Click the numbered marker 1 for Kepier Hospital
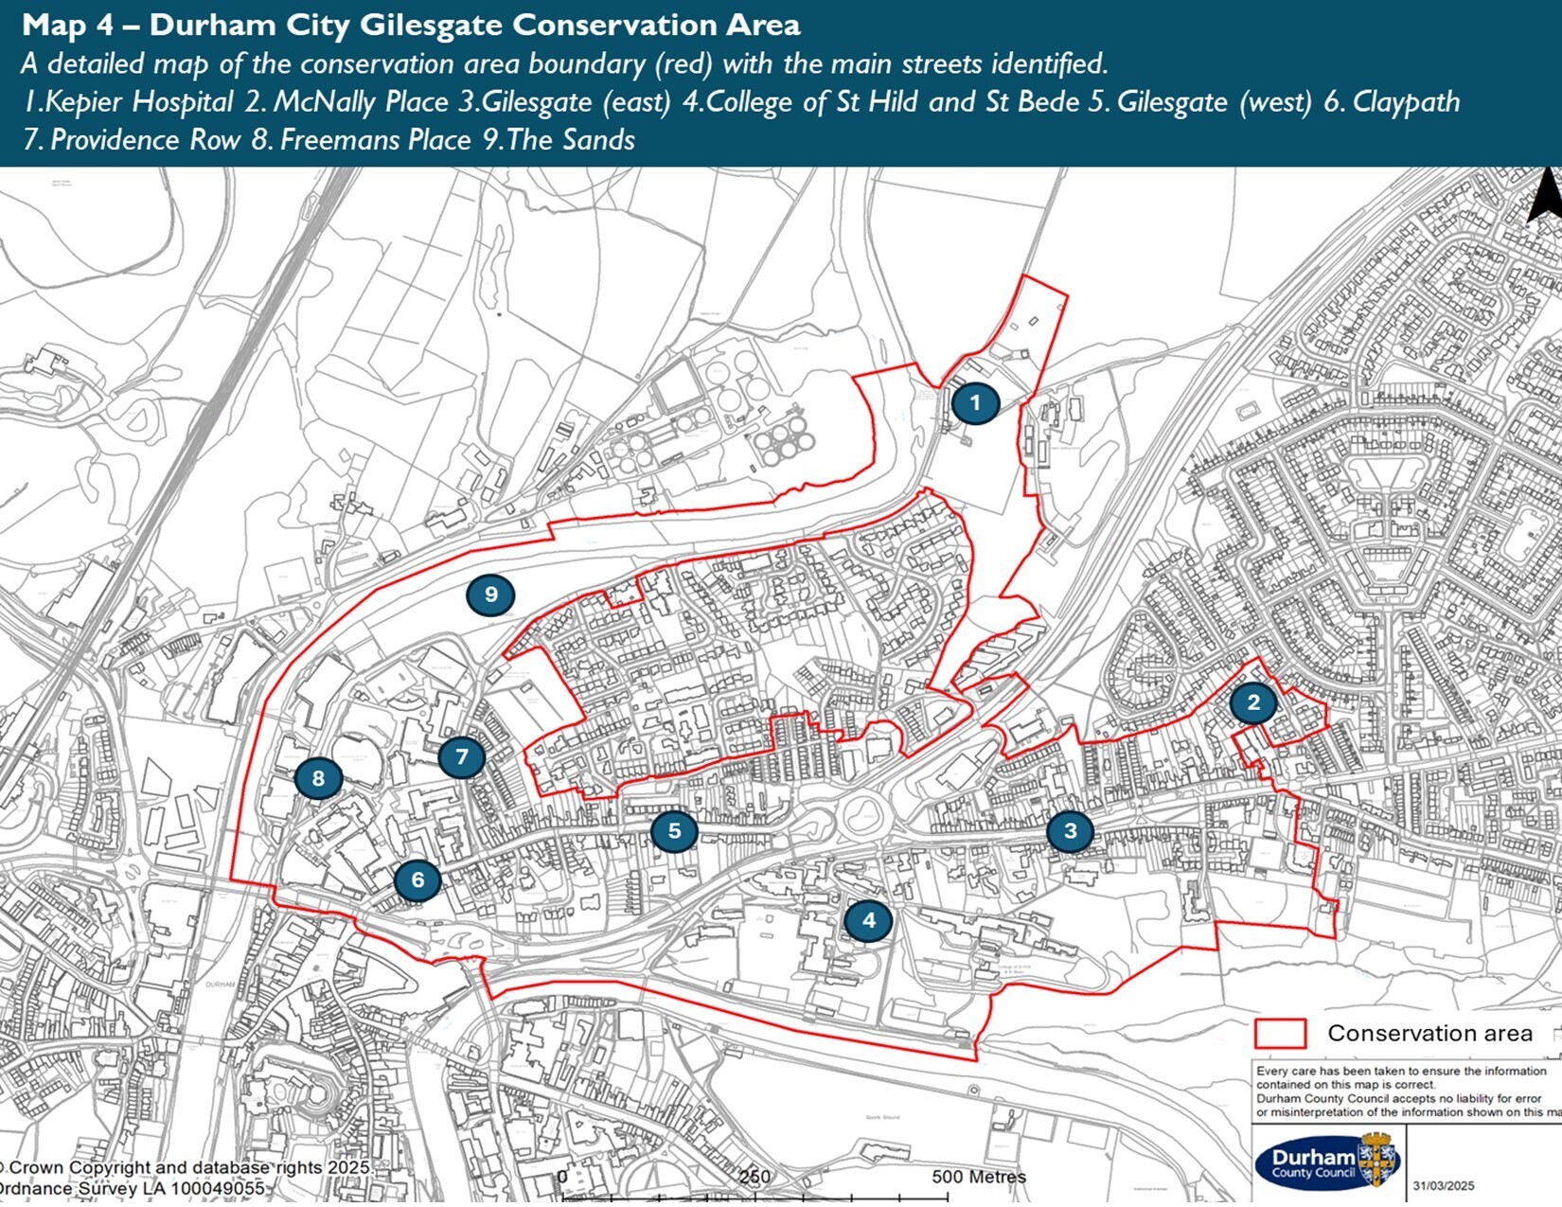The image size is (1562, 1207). tap(975, 403)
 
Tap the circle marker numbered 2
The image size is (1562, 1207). tap(1253, 703)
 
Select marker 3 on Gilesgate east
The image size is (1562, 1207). tap(1071, 832)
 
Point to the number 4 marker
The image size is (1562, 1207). tap(868, 920)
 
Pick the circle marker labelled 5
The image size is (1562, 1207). tap(674, 832)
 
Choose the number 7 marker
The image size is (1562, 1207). tap(462, 757)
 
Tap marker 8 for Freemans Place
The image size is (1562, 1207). tap(318, 779)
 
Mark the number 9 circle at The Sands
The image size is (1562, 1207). tap(490, 595)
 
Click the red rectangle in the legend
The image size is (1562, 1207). tap(1280, 1034)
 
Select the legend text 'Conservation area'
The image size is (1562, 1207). tap(1429, 1034)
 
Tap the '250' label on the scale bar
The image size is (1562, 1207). tap(754, 1178)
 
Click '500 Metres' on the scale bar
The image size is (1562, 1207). tap(979, 1177)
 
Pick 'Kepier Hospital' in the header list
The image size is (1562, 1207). tap(139, 102)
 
